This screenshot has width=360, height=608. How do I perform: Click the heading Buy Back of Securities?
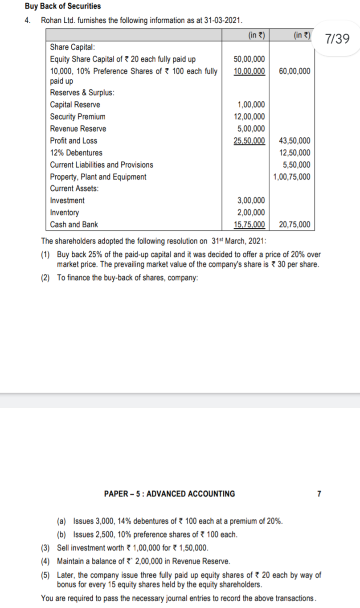point(63,6)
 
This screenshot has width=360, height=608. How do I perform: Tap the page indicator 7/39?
point(337,39)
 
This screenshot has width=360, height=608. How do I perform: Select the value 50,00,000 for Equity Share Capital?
point(250,59)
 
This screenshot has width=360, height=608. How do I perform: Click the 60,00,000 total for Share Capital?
point(295,71)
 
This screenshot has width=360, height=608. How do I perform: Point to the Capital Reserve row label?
point(75,105)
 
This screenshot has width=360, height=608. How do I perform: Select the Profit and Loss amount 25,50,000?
point(250,141)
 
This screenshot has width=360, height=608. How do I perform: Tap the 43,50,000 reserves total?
point(295,141)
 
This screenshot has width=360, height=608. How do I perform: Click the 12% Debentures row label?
point(76,153)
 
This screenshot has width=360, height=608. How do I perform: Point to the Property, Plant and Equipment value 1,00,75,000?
point(292,177)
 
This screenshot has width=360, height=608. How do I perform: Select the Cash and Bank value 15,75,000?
point(250,225)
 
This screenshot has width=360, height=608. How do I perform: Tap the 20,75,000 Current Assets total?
point(295,225)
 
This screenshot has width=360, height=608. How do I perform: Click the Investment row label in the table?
point(67,201)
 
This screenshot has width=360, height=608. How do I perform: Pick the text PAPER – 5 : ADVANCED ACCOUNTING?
point(169,494)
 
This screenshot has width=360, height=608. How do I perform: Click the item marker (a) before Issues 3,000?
point(61,521)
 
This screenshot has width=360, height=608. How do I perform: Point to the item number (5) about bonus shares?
point(46,575)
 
